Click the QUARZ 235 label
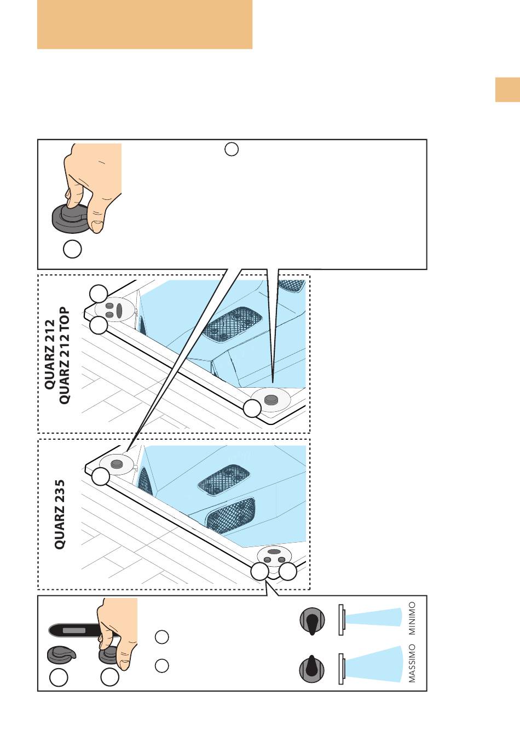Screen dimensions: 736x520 click(60, 514)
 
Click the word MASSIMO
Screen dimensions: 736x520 click(412, 663)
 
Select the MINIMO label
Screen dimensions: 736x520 click(412, 618)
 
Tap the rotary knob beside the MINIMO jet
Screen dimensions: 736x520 click(312, 622)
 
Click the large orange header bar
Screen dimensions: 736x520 click(145, 25)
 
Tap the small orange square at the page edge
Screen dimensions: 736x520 click(507, 90)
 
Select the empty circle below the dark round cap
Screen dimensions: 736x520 click(72, 249)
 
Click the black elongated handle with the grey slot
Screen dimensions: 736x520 click(73, 630)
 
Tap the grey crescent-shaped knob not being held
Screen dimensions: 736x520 click(59, 654)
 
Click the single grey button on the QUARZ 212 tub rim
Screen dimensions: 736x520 click(270, 400)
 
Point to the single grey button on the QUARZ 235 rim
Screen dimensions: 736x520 click(117, 464)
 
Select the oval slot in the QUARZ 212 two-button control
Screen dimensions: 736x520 click(119, 312)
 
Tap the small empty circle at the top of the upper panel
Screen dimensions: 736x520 click(232, 149)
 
